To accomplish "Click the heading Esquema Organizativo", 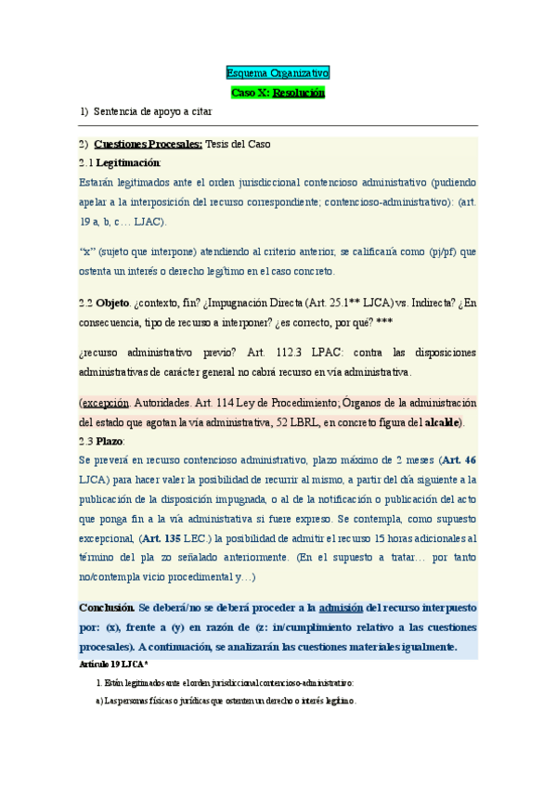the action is click(x=278, y=71).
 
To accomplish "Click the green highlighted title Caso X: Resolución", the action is click(x=278, y=93).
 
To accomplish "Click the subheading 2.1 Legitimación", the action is click(x=120, y=162).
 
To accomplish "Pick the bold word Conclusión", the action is click(x=106, y=607).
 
